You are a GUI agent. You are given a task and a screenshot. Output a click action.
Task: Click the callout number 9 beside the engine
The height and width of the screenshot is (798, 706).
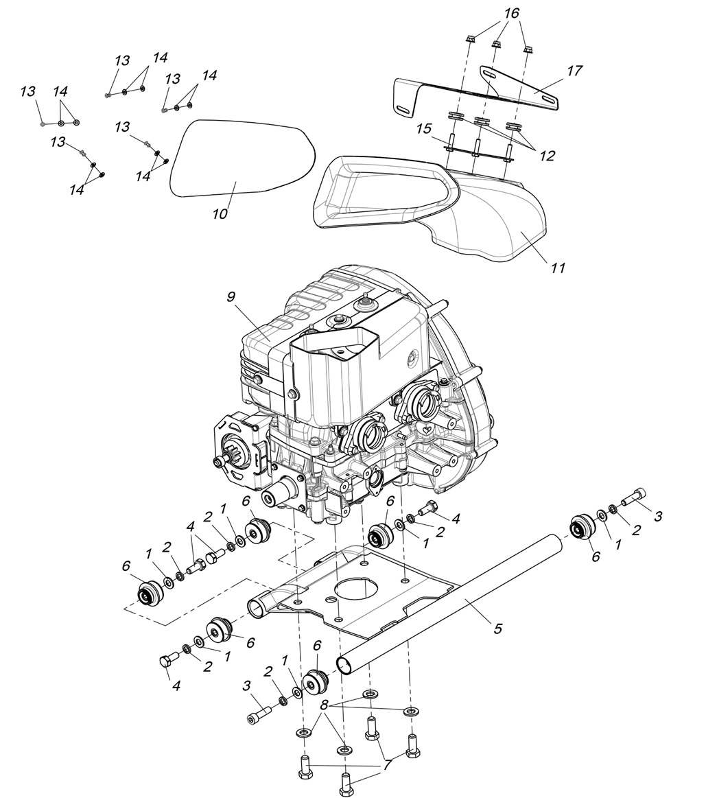click(x=231, y=296)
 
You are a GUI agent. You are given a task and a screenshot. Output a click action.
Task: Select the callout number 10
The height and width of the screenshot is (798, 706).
click(x=220, y=213)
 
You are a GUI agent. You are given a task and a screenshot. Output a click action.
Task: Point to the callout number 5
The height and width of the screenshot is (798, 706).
click(x=497, y=628)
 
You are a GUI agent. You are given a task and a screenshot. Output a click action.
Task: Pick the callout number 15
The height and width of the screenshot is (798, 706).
click(x=423, y=128)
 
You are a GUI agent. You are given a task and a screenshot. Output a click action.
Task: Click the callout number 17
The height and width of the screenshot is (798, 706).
click(x=574, y=71)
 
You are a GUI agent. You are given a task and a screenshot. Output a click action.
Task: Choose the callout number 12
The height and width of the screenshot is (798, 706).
click(x=547, y=156)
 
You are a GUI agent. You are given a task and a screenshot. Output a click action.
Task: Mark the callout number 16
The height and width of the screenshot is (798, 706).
click(x=512, y=13)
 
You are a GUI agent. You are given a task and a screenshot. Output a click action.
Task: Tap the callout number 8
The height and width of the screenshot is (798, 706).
click(x=325, y=705)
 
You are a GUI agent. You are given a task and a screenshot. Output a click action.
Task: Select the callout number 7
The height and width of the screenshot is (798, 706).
click(x=388, y=764)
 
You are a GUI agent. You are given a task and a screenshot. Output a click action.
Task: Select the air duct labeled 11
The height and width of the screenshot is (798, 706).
click(x=480, y=220)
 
